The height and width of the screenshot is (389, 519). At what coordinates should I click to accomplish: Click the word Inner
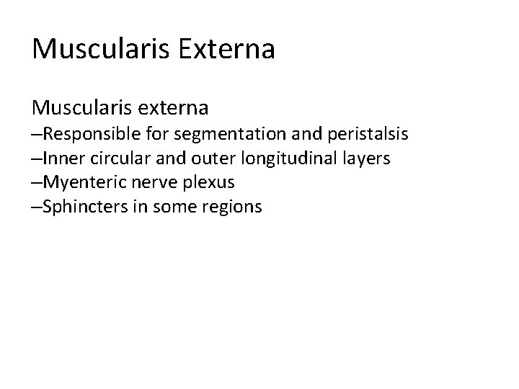[61, 158]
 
